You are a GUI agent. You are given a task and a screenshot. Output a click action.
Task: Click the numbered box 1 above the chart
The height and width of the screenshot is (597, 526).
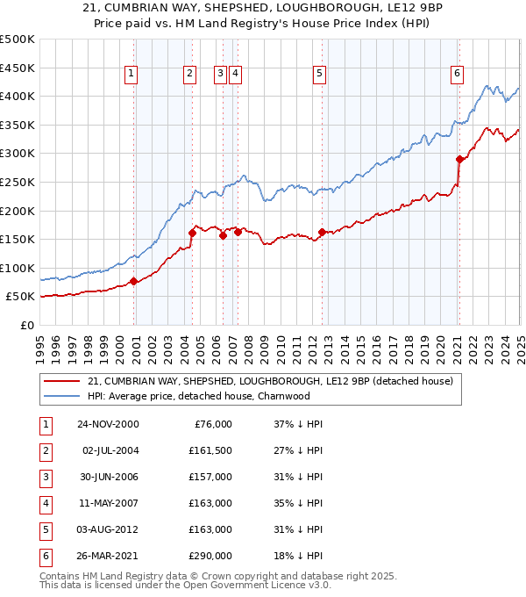coord(131,75)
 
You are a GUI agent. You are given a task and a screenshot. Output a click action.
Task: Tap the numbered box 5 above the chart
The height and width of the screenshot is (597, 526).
coord(319,75)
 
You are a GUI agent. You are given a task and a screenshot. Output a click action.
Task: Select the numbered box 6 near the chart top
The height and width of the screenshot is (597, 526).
coord(458,75)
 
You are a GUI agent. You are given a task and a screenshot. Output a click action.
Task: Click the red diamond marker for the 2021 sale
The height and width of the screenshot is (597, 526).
coord(459,159)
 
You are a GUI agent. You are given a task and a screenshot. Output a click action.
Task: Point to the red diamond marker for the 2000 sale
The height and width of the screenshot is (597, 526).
coord(134,281)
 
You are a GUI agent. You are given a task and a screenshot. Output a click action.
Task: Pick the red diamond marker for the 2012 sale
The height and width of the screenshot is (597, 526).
coord(322,232)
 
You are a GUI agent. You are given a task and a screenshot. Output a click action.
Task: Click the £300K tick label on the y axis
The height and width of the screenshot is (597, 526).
coord(17,154)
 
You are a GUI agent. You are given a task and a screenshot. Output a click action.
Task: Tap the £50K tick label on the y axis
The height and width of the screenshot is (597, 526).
coord(19,297)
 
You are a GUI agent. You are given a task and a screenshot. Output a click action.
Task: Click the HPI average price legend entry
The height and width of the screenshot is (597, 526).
coord(199,396)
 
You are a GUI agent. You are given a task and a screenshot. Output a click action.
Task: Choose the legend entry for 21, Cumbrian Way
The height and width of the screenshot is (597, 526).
coord(270,381)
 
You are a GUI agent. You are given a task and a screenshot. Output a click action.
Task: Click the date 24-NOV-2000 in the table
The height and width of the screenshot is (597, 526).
coord(108,424)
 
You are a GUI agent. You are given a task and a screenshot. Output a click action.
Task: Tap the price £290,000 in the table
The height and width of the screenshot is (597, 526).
coord(210,556)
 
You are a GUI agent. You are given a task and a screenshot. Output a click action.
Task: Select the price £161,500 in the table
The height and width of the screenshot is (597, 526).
coord(210,450)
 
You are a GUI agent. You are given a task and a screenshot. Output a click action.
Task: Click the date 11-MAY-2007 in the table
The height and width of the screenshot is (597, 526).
coord(108,503)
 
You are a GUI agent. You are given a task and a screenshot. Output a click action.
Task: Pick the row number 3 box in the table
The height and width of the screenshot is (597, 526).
coord(44,477)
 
